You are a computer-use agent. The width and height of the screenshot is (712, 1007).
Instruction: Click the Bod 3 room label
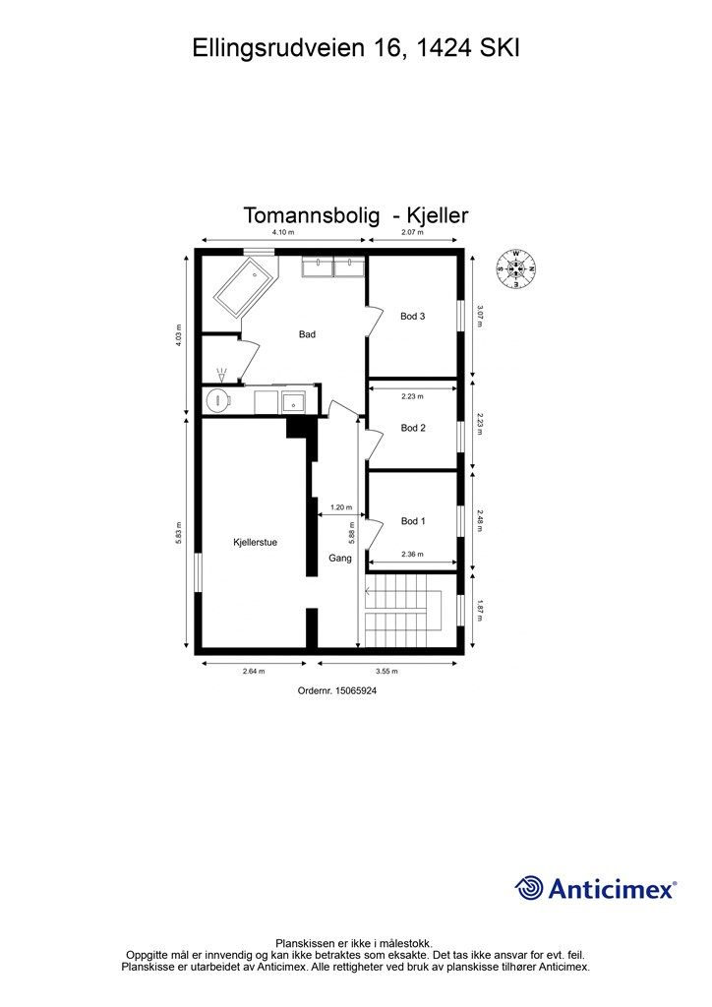click(412, 317)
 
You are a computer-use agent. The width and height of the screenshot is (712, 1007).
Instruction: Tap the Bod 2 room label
click(412, 428)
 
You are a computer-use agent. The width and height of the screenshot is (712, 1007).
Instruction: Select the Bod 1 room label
click(413, 521)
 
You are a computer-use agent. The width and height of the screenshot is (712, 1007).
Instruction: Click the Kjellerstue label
click(255, 541)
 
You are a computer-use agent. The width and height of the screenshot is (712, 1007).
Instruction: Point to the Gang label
click(340, 558)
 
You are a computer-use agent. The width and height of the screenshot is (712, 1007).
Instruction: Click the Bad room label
click(307, 334)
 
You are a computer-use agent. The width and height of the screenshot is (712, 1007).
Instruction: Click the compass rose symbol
click(516, 268)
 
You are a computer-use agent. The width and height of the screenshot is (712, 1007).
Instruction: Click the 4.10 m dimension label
click(283, 233)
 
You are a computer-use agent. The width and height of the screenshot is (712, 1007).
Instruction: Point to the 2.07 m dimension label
click(412, 233)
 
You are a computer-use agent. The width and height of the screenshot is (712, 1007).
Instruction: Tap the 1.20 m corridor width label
click(341, 507)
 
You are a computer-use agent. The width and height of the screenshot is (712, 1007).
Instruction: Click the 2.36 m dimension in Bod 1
click(412, 555)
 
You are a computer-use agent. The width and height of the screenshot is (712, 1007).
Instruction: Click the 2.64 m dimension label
click(255, 672)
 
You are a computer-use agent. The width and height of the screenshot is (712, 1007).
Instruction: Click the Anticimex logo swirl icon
click(529, 888)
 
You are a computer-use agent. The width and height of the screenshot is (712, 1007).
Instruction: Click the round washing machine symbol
click(218, 400)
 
